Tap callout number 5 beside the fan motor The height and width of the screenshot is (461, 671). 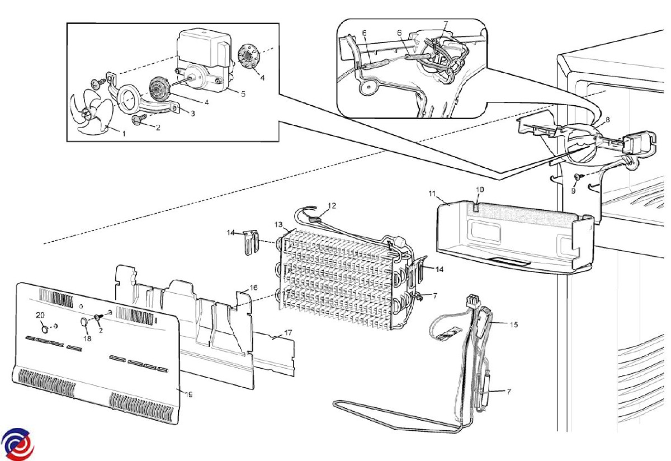pos(243,94)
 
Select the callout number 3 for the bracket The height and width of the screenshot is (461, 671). pos(193,114)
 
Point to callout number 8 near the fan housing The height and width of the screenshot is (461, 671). pos(607,120)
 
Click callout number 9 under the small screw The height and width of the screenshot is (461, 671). pos(573,191)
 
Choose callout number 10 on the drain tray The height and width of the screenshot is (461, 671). pos(480,190)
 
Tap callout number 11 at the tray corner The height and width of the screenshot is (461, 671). pos(432,194)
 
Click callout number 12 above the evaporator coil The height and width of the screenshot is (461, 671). pos(332,206)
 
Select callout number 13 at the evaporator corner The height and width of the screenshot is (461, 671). pos(278,224)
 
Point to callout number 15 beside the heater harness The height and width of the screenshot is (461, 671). pos(514,324)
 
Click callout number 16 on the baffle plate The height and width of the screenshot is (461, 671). pos(253,288)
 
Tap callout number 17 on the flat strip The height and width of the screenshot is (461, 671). pos(288,333)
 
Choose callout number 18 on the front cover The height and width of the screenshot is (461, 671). pos(87,338)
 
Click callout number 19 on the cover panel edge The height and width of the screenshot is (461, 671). pos(188,395)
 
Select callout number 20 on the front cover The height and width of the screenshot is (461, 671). pos(40,315)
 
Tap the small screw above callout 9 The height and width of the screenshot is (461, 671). pos(577,177)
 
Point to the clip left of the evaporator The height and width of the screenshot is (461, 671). pos(251,242)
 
